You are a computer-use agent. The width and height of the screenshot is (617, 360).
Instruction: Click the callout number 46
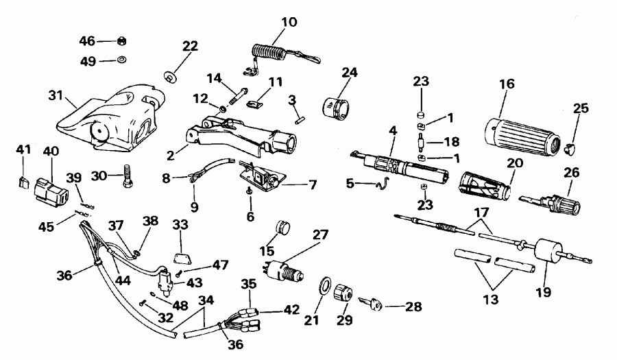click(87, 41)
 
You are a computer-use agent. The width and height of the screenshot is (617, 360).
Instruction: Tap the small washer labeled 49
click(121, 61)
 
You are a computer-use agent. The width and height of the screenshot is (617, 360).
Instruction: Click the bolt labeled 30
click(128, 176)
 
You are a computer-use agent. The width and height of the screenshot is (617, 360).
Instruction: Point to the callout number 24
click(349, 71)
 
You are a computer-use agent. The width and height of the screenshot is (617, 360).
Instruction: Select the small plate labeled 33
click(181, 256)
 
